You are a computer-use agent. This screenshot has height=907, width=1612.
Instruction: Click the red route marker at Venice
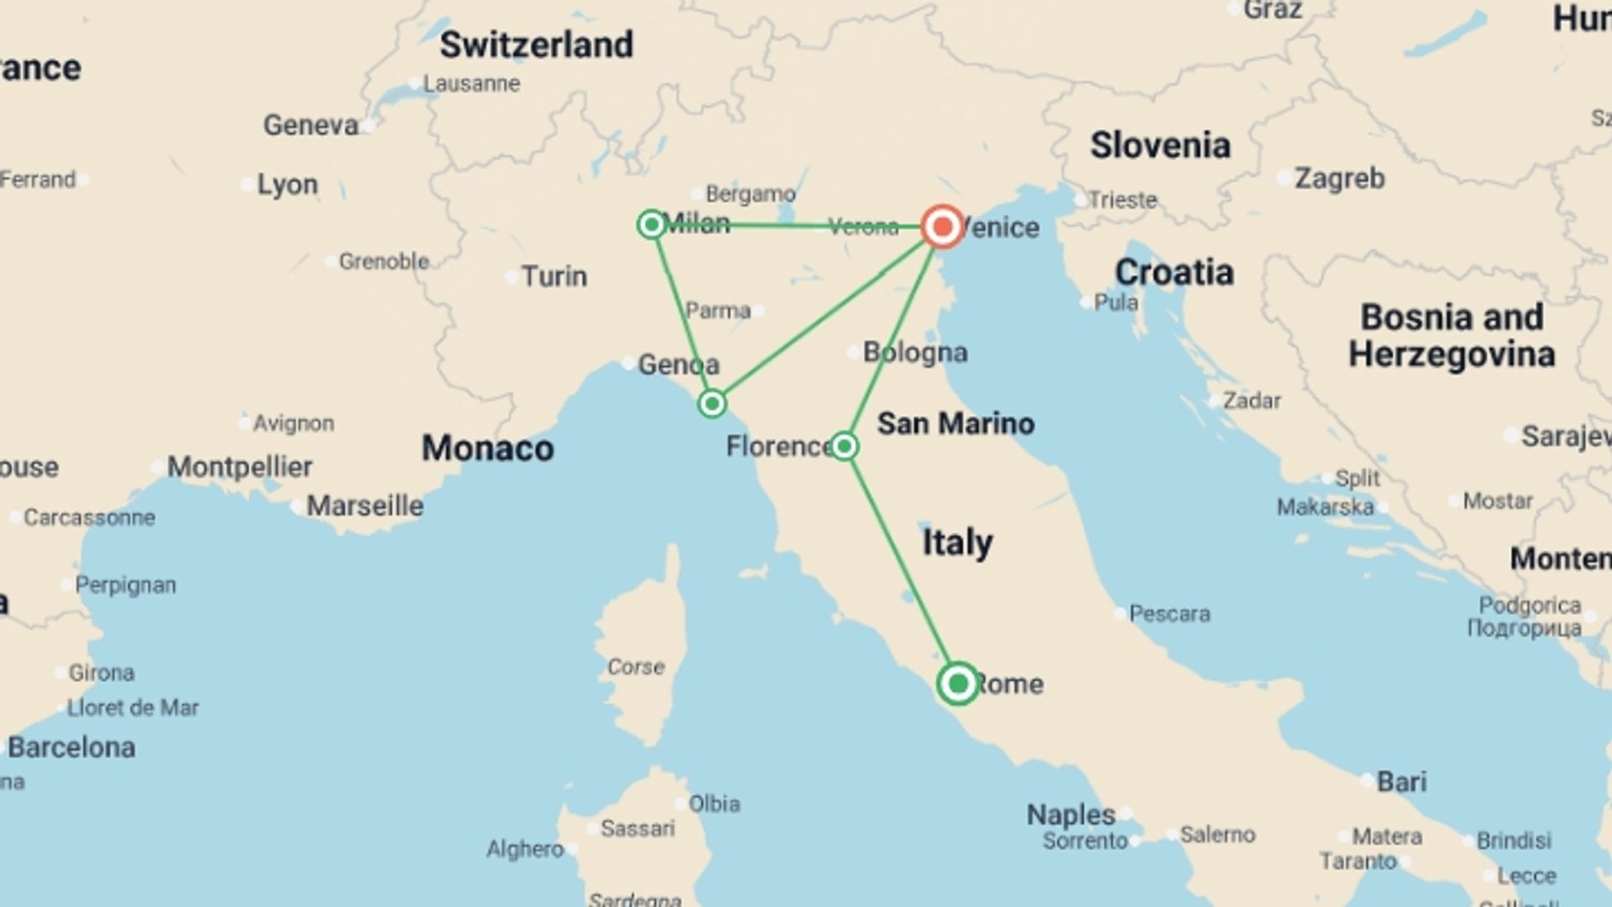pyautogui.click(x=942, y=227)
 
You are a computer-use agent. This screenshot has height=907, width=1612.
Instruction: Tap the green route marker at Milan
pyautogui.click(x=652, y=224)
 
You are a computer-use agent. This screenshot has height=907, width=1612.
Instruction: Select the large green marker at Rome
pyautogui.click(x=957, y=684)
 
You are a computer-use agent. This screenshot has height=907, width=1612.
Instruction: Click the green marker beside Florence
pyautogui.click(x=844, y=446)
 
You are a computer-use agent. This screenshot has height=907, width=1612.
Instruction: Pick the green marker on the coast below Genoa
pyautogui.click(x=712, y=404)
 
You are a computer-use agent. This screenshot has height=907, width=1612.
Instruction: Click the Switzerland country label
pyautogui.click(x=536, y=45)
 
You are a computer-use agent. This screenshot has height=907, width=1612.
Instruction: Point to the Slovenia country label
pyautogui.click(x=1160, y=145)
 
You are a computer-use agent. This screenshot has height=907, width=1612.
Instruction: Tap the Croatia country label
pyautogui.click(x=1174, y=272)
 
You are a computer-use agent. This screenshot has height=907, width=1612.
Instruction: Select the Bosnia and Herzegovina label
pyautogui.click(x=1452, y=336)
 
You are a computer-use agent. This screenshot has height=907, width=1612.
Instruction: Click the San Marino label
pyautogui.click(x=955, y=423)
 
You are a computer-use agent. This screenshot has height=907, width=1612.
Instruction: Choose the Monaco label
pyautogui.click(x=487, y=448)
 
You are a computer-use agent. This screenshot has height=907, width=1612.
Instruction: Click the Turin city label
pyautogui.click(x=554, y=276)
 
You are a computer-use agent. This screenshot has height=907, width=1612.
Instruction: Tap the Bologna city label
pyautogui.click(x=915, y=352)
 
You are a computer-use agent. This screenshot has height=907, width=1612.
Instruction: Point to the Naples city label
pyautogui.click(x=1070, y=815)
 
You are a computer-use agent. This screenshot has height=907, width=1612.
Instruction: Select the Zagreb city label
pyautogui.click(x=1339, y=178)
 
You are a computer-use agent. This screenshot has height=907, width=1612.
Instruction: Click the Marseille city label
pyautogui.click(x=364, y=506)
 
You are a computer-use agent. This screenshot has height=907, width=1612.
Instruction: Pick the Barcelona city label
pyautogui.click(x=71, y=747)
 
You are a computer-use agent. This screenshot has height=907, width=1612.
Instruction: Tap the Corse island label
pyautogui.click(x=636, y=667)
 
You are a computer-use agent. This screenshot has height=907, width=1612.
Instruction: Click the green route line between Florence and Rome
pyautogui.click(x=900, y=564)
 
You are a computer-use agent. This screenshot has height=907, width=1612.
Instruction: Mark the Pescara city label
pyautogui.click(x=1169, y=614)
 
